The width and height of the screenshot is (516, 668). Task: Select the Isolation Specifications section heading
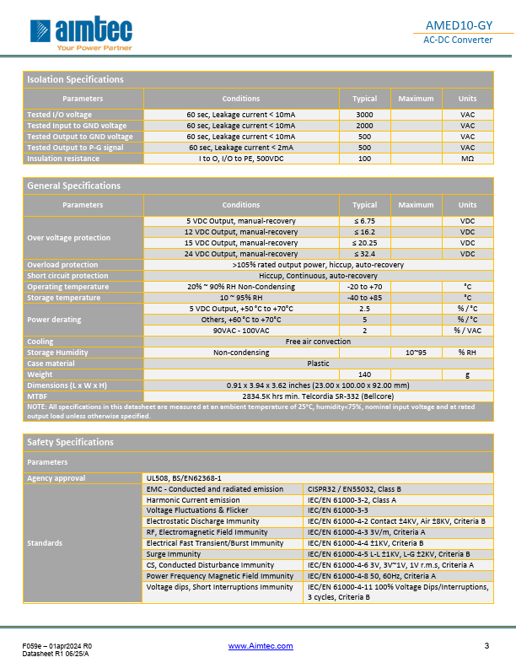click(75, 79)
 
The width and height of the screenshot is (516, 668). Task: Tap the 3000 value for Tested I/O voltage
click(364, 115)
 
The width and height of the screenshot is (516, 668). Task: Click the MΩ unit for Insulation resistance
click(467, 159)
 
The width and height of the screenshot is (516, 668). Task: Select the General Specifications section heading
click(73, 186)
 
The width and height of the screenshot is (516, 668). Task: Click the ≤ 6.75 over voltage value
click(364, 221)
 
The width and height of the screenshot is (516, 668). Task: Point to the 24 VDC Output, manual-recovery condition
click(241, 254)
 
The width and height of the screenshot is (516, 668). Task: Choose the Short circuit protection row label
click(67, 276)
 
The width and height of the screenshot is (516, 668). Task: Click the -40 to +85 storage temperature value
click(364, 298)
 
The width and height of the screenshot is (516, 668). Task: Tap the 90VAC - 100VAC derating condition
click(241, 331)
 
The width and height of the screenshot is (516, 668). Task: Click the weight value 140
click(364, 374)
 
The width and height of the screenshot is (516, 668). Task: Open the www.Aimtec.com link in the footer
click(261, 646)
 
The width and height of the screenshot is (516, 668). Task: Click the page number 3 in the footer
click(486, 646)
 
